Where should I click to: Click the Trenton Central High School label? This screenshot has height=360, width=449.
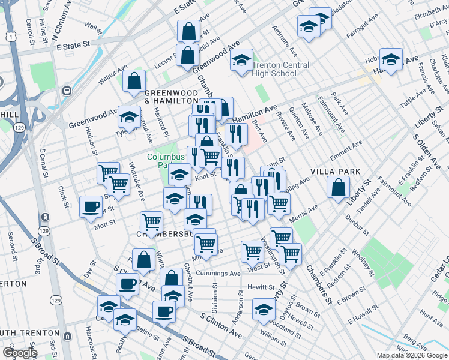click(280, 69)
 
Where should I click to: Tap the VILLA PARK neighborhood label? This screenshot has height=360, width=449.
click(335, 171)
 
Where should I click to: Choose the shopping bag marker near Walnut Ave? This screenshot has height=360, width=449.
click(134, 80)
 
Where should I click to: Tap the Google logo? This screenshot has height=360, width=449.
click(20, 353)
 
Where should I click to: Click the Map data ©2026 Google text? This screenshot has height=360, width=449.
click(411, 355)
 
